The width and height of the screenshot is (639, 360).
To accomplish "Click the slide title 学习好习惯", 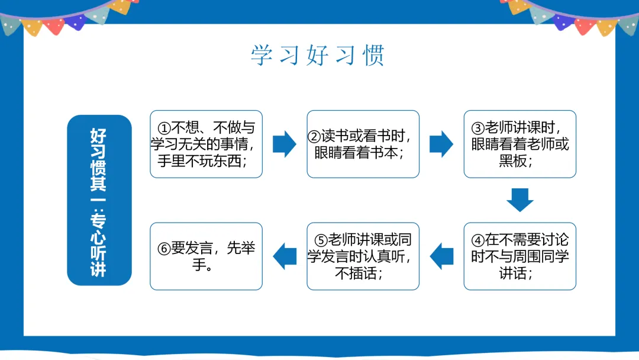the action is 318,55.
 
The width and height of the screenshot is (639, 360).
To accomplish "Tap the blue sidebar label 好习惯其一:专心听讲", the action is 99,200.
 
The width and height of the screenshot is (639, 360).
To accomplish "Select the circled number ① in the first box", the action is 164,128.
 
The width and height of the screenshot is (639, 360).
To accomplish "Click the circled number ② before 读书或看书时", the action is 315,136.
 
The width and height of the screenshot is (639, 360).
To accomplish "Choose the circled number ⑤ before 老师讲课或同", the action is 321,240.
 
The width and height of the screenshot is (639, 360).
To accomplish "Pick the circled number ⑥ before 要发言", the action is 164,249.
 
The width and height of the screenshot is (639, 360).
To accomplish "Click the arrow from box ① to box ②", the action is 285,144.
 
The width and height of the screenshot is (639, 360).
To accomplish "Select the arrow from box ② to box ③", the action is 441,144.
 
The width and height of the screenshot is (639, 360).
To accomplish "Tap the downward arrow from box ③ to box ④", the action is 520,200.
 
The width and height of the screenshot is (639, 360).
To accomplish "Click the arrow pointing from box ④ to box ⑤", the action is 441,256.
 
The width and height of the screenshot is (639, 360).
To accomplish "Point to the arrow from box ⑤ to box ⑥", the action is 285,256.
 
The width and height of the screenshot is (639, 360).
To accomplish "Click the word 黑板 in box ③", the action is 512,160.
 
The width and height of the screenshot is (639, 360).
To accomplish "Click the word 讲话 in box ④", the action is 512,273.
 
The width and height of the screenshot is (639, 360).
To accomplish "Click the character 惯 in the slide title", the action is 374,55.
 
